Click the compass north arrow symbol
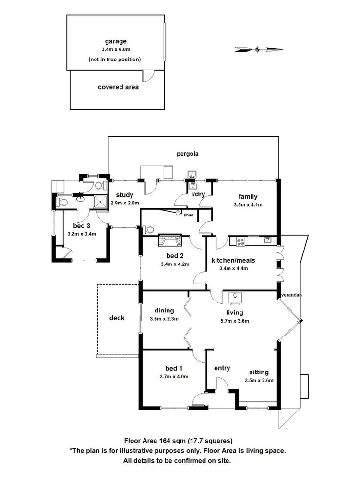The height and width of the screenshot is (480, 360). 258,48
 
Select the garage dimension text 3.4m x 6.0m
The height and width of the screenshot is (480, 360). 115,49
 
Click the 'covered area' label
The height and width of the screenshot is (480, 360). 118,87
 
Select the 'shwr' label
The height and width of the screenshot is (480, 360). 189,216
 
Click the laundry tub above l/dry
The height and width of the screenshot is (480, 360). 192,174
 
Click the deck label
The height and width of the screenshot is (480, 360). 117,318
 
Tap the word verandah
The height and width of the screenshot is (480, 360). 291,295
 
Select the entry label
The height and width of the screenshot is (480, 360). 222,368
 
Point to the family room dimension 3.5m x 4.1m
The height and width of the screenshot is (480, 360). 248,204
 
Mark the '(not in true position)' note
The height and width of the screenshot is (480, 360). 115,60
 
